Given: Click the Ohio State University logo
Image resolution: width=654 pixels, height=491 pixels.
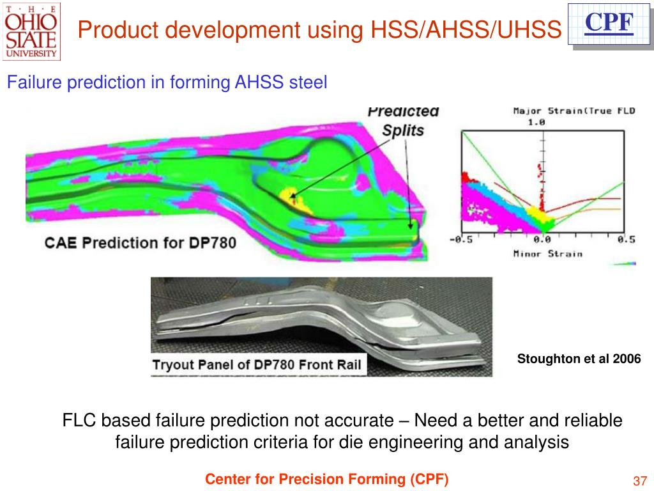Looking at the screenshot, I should (31, 31).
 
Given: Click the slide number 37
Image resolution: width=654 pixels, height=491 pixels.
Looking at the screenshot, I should (640, 481).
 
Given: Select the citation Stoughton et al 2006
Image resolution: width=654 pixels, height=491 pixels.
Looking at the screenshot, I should (579, 359).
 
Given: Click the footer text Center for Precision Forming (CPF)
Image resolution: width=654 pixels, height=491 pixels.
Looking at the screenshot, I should (326, 479).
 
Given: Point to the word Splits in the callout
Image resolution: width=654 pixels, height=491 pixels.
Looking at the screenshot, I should (402, 130).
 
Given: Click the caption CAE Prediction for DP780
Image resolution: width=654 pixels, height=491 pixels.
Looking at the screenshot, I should (140, 243).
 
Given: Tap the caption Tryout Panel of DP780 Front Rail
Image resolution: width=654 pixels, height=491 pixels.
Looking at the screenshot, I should (256, 366).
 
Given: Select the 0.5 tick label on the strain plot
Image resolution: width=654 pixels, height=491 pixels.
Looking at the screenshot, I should (627, 239).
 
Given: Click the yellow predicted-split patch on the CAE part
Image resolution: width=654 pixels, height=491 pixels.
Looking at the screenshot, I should (294, 196).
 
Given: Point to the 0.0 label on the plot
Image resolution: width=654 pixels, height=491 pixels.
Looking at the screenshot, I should (542, 239).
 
